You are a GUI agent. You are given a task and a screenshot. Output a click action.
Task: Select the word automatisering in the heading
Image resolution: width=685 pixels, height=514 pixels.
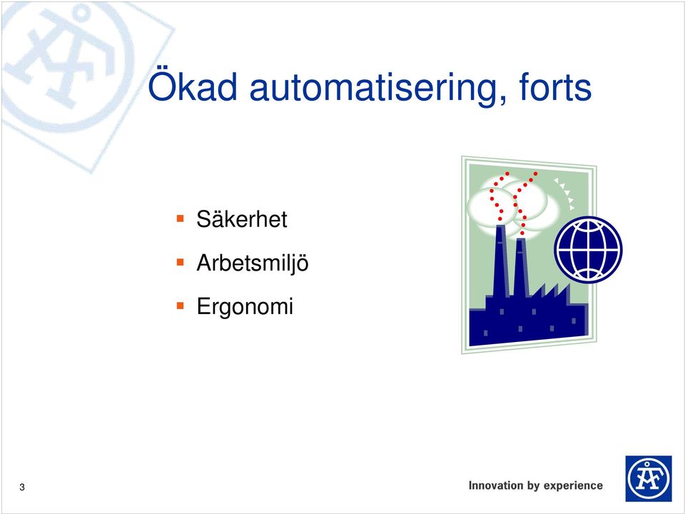pos(374,88)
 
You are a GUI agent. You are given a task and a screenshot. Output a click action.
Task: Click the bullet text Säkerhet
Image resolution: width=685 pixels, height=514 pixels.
pos(242,218)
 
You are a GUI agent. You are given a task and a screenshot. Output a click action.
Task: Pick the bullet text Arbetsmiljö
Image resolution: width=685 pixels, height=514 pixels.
pos(253,263)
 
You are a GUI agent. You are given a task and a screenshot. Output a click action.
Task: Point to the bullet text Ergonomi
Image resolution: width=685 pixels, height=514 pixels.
pos(245,306)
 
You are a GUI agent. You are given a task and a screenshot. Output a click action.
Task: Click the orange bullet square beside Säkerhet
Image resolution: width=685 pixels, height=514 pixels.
pos(181,218)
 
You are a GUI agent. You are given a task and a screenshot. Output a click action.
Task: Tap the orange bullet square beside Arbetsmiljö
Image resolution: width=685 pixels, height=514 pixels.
pos(181,262)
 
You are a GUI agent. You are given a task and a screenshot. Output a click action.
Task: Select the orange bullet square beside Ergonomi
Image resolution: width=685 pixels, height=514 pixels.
pos(181,306)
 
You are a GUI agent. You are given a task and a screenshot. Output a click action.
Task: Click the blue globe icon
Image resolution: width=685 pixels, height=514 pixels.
pos(588,249)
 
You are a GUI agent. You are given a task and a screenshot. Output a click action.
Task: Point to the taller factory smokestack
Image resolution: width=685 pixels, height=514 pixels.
pos(501,261)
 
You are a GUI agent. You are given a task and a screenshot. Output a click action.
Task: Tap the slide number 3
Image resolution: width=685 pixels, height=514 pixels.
pos(22,488)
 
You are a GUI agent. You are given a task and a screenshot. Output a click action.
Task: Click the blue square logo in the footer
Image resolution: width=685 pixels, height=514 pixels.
pos(649,478)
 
